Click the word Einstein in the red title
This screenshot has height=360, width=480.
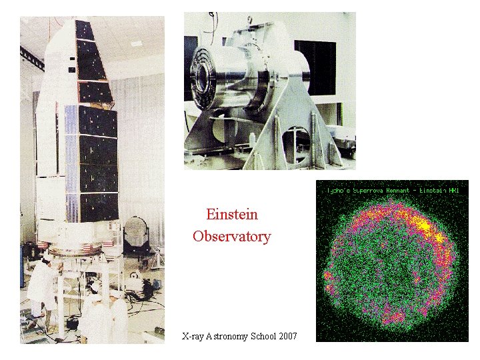click(231, 215)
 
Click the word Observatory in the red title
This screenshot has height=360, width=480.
click(231, 237)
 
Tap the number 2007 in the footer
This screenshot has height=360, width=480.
click(283, 336)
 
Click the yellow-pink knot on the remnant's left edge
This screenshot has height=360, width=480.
click(328, 274)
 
